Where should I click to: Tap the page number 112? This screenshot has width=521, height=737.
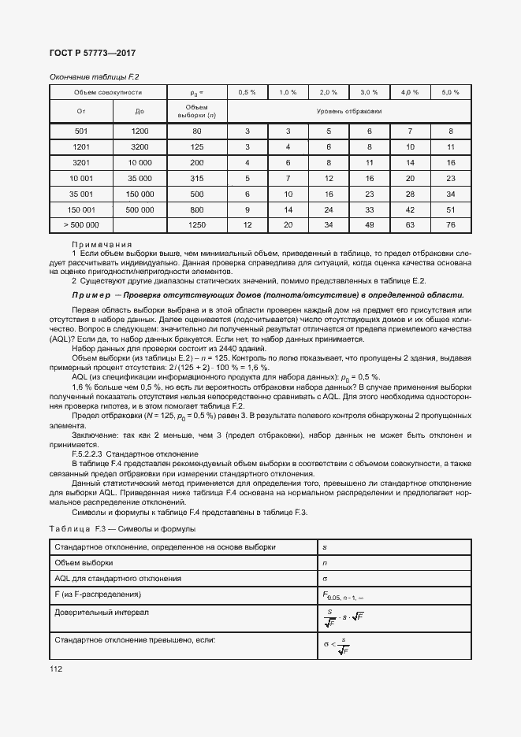[57, 669]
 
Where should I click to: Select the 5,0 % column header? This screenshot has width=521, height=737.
[450, 93]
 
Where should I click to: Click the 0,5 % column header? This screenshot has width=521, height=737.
[247, 93]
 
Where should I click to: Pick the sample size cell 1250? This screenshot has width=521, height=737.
[197, 226]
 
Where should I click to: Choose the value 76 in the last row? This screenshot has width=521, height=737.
[450, 226]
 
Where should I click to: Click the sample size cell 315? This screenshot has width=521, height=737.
[197, 178]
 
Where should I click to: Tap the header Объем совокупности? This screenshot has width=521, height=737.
[108, 93]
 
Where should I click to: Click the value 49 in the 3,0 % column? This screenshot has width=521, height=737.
[369, 226]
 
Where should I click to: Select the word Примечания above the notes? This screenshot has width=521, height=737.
[102, 244]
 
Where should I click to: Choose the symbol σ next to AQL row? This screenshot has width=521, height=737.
[326, 579]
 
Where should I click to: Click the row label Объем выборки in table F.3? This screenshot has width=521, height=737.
[83, 563]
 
